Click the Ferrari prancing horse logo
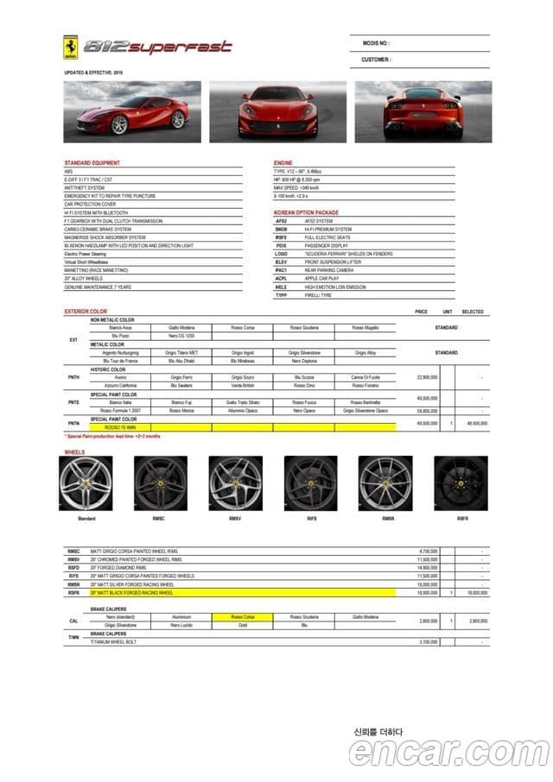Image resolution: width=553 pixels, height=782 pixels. point(71,47)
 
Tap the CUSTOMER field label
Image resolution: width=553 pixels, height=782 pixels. point(376,60)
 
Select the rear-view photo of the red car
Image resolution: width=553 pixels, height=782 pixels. point(423,111)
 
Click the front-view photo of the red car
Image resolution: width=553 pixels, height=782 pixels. point(277,111)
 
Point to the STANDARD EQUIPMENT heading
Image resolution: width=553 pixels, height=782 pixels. point(92,163)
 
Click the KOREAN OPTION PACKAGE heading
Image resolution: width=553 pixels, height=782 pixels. point(306,211)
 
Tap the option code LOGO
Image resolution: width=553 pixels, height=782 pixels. point(281,254)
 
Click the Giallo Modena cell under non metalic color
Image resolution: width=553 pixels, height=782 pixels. point(181,328)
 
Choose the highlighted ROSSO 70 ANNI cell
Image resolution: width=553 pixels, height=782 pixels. point(120,426)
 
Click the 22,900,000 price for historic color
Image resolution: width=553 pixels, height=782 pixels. point(428,377)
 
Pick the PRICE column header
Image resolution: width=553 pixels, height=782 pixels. point(421,312)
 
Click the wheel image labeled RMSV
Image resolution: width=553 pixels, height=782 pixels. point(235,484)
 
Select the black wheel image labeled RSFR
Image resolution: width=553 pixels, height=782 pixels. point(461,484)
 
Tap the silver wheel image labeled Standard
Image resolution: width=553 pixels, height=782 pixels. point(86,484)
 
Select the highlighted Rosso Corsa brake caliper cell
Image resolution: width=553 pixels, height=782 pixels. point(243,617)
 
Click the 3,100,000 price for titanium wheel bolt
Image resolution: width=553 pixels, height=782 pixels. point(428,642)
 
